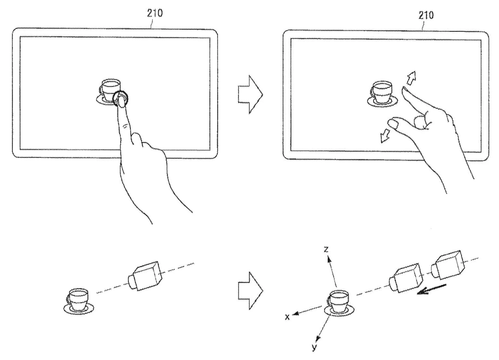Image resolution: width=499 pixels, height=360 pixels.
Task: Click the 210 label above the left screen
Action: [155, 13]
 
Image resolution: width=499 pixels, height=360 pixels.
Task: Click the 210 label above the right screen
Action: [426, 15]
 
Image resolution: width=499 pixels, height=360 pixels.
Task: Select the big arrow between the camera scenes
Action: [250, 291]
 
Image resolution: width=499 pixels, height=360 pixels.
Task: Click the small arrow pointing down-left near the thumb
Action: [385, 136]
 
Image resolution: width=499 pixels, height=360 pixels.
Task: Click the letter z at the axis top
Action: [326, 249]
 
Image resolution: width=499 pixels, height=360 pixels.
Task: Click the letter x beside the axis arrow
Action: [288, 317]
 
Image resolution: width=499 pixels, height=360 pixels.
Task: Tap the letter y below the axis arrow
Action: [314, 347]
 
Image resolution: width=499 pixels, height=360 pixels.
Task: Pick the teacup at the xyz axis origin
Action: [339, 303]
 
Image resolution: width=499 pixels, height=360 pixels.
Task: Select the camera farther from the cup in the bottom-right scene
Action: [448, 265]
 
